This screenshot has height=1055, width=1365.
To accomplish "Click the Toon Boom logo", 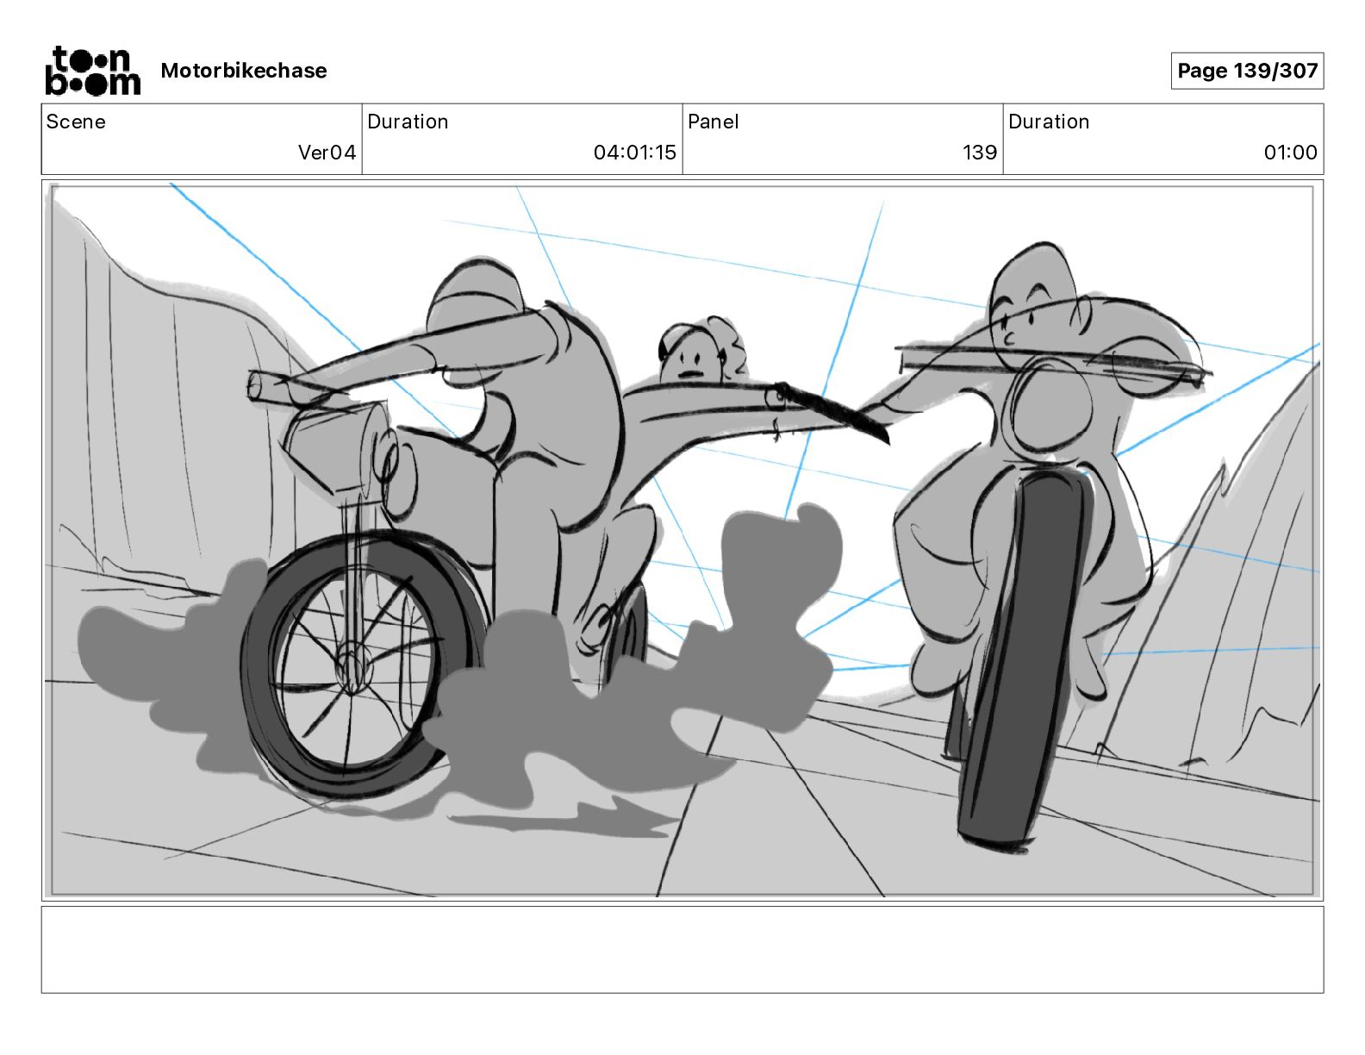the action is (93, 71).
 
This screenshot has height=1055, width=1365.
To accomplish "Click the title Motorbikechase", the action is (244, 71).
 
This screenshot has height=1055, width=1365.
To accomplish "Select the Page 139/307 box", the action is (1247, 71).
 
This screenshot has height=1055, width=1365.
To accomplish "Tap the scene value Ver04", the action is (327, 152).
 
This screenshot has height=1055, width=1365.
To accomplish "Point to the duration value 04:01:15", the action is (634, 152).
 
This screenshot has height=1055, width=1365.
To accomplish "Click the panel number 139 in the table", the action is (979, 152).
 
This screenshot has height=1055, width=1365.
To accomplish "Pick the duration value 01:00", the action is (1290, 152).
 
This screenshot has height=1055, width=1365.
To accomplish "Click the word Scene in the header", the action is (76, 122).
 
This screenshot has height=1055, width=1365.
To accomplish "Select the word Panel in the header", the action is (713, 122).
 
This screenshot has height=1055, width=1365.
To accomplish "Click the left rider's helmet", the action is (474, 296).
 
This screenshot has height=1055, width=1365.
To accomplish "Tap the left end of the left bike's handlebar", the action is (254, 384).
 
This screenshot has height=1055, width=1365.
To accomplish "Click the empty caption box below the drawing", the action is (682, 950).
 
